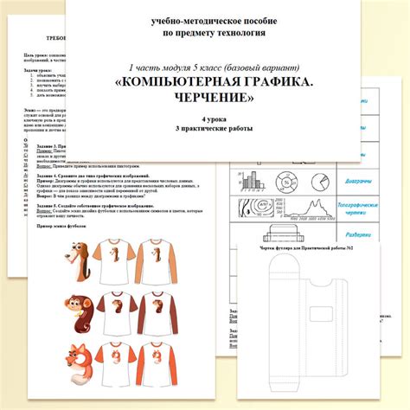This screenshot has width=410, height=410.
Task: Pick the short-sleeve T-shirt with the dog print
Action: click(x=111, y=260)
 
